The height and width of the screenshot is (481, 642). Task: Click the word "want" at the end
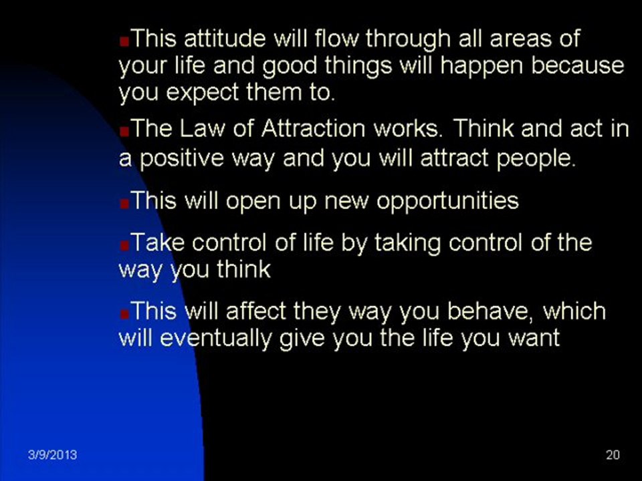533,338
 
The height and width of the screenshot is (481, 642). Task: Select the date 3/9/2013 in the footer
52,456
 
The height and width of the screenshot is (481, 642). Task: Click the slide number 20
613,456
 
